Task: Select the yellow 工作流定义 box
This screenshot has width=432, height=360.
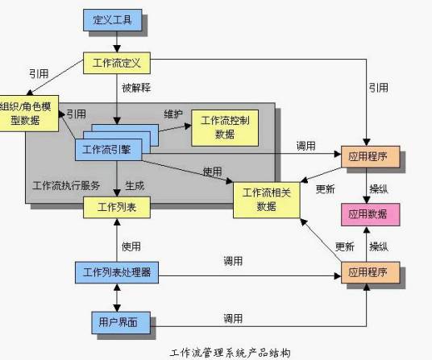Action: pos(118,61)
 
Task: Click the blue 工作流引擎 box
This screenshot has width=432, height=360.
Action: pos(113,148)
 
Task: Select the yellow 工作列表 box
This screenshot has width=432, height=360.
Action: pos(118,208)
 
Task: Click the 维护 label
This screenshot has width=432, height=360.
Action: pos(173,114)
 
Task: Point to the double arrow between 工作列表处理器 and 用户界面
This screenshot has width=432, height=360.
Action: pos(118,296)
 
